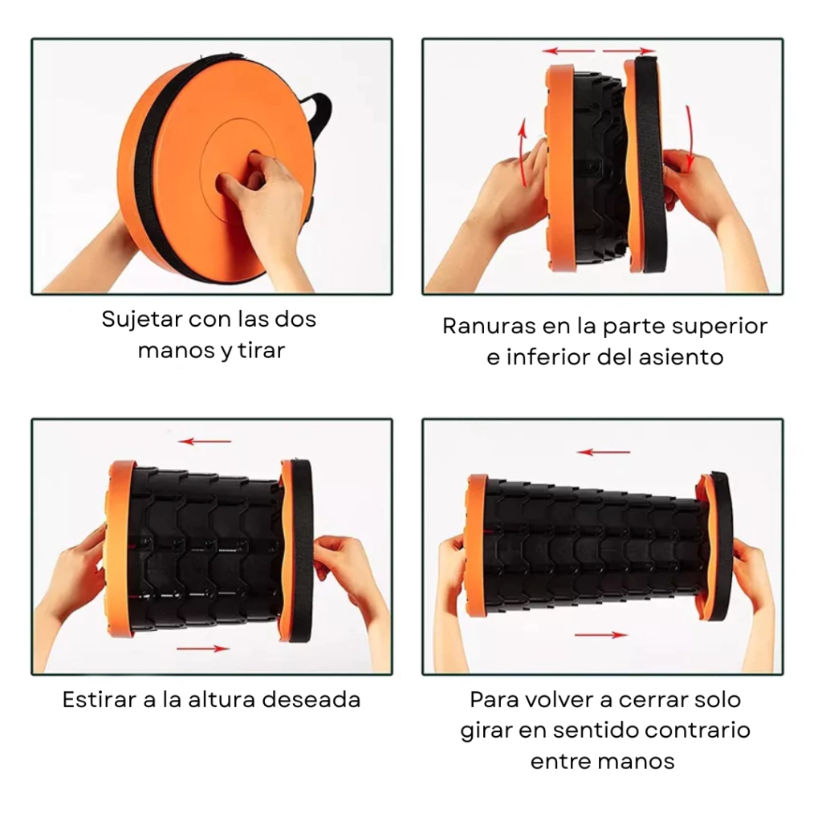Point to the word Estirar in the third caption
pyautogui.click(x=100, y=700)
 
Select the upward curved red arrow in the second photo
pyautogui.click(x=523, y=153)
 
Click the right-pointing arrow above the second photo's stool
pyautogui.click(x=629, y=51)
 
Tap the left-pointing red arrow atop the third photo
pyautogui.click(x=205, y=442)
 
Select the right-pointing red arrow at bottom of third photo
pyautogui.click(x=203, y=649)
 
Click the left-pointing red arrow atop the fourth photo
pyautogui.click(x=604, y=452)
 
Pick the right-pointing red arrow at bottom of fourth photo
pyautogui.click(x=600, y=635)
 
